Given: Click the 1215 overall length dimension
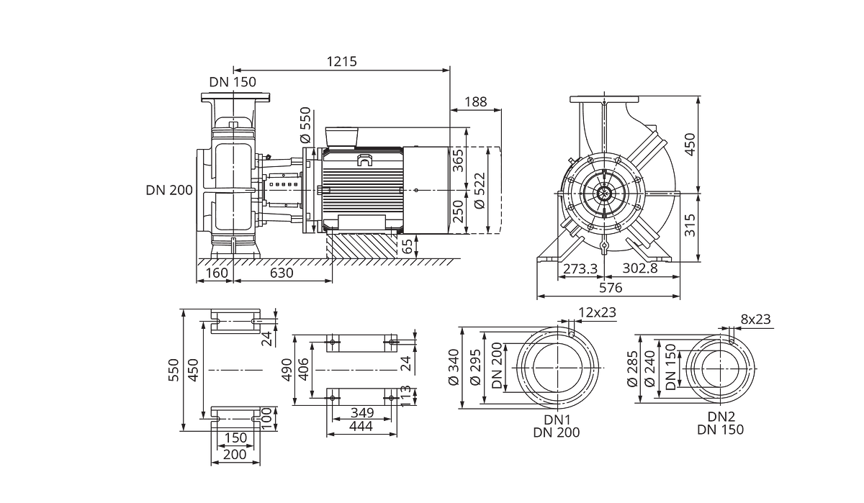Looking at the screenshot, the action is [342, 62].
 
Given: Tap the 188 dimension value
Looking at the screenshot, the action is [475, 102].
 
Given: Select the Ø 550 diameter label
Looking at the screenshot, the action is [305, 125].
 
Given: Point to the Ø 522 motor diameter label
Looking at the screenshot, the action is [480, 191].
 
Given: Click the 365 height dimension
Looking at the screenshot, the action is [457, 161].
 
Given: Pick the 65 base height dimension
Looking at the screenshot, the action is [407, 247].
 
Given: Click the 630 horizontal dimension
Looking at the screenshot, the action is [282, 273].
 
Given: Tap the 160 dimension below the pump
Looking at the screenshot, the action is [217, 273].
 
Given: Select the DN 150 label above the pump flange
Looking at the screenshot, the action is [233, 82].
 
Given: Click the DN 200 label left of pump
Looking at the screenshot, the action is [169, 190].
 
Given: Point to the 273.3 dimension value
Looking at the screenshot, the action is [580, 268].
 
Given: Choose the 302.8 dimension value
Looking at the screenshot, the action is [640, 268].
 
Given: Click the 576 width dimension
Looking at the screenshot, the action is [611, 288].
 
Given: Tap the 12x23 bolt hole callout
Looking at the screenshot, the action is [598, 312].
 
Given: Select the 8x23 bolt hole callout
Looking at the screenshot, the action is [755, 320].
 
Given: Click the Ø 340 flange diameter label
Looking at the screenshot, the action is [454, 367].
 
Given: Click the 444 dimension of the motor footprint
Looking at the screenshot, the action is [361, 426].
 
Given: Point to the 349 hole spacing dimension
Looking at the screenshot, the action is [362, 413].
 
